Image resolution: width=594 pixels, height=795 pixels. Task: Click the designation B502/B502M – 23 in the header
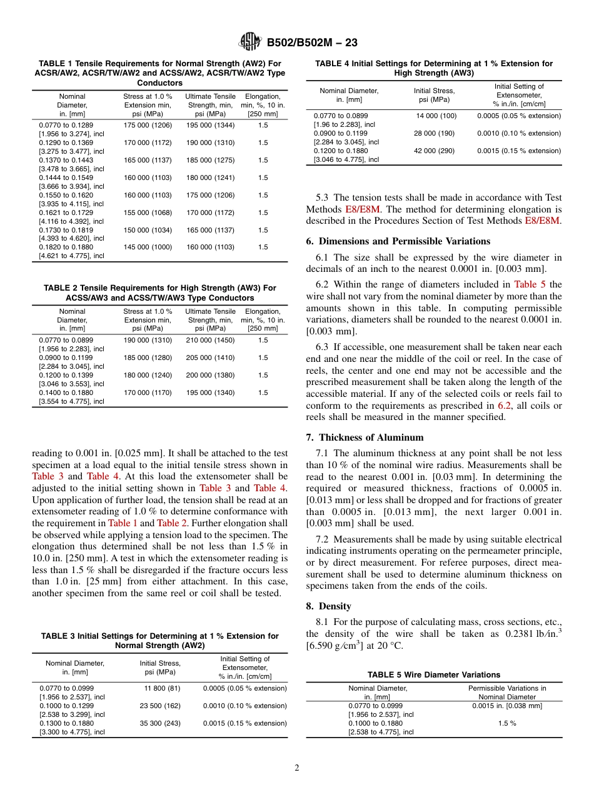tap(311, 42)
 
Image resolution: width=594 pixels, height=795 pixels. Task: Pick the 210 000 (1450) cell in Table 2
tap(210, 340)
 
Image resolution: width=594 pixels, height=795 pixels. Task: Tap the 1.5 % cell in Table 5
tap(506, 723)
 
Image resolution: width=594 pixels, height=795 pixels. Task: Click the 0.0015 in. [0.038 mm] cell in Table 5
tap(506, 706)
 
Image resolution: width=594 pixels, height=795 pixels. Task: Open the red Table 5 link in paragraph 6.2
tap(529, 284)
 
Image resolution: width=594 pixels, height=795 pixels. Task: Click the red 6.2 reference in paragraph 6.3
tap(504, 406)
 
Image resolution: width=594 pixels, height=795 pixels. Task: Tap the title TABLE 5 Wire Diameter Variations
tap(433, 674)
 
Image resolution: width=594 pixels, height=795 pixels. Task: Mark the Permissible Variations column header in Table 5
tap(506, 692)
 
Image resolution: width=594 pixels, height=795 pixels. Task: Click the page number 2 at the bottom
tap(297, 768)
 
